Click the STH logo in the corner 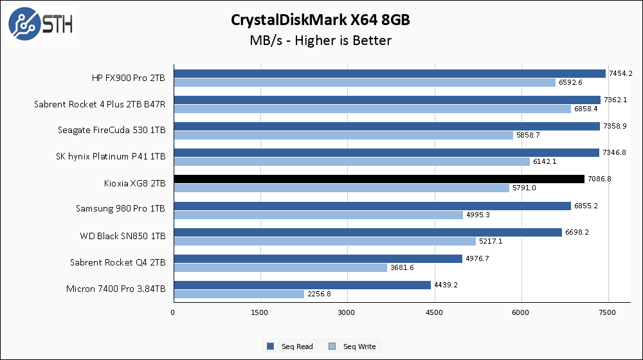(x=41, y=24)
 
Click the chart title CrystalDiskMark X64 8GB (x=320, y=20)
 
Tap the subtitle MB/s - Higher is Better (x=320, y=40)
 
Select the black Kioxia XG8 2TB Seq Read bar (x=379, y=179)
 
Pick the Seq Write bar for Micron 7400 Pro (x=239, y=294)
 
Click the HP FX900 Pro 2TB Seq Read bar (x=389, y=73)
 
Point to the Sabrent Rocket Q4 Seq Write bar (x=280, y=267)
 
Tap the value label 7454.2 (x=620, y=73)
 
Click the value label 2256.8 (x=319, y=294)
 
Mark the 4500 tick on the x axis (x=434, y=312)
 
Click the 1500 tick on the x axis (x=260, y=312)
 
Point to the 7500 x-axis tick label (x=608, y=312)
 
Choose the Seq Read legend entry (x=290, y=346)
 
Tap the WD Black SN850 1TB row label (x=123, y=236)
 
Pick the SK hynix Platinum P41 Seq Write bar (x=351, y=161)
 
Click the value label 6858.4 (x=586, y=109)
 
